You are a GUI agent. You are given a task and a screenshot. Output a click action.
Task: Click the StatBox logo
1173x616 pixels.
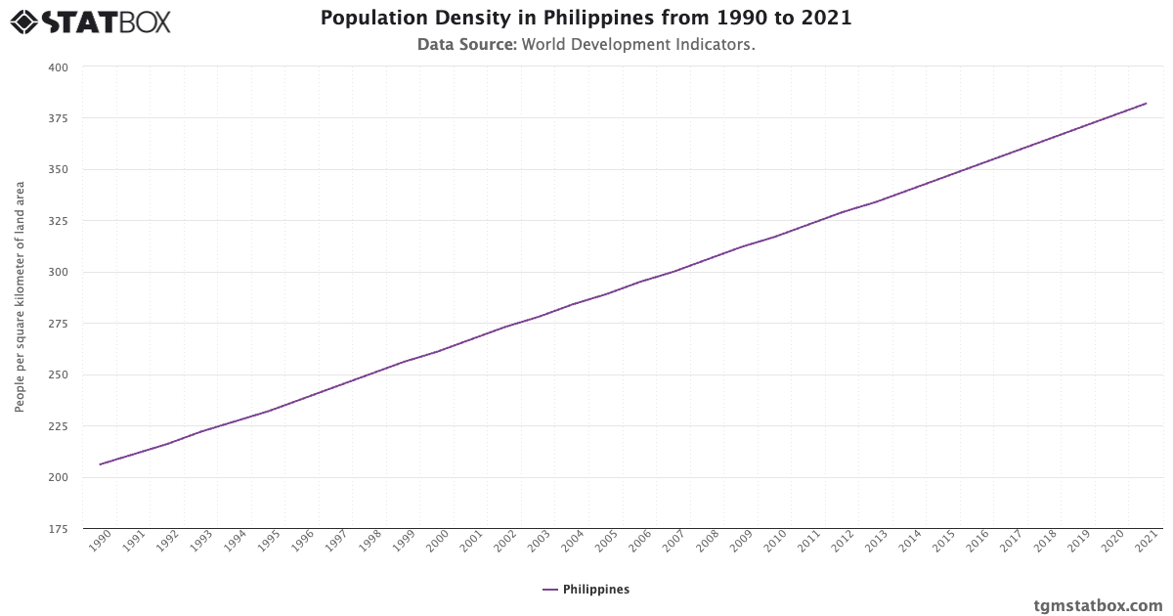coord(90,21)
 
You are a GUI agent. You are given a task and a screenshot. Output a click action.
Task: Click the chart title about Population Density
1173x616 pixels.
coord(586,19)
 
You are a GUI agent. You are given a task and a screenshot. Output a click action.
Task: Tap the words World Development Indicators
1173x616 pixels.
coord(638,45)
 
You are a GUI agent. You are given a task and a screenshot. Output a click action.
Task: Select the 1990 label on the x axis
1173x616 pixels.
coord(99,543)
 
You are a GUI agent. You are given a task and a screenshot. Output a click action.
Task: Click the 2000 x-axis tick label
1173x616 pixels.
coord(437,543)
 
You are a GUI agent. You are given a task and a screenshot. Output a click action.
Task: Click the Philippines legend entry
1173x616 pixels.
coord(586,590)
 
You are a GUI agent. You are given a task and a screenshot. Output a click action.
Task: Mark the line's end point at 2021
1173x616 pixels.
coord(1146,104)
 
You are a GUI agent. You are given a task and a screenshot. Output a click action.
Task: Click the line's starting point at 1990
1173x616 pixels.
coord(100,464)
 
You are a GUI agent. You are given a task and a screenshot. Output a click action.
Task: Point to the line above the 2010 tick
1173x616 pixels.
coord(775,237)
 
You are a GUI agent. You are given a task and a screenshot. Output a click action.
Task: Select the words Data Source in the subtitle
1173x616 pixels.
coord(466,45)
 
